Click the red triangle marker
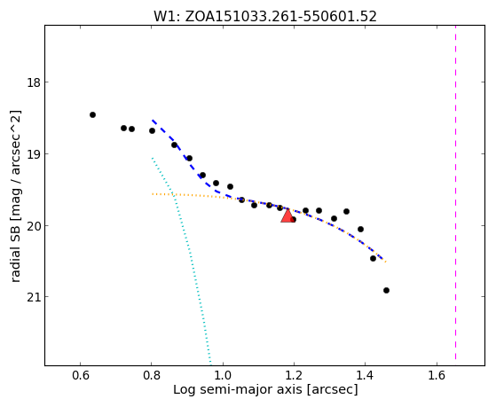pyautogui.click(x=287, y=216)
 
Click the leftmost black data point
pyautogui.click(x=92, y=114)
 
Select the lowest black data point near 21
pyautogui.click(x=386, y=290)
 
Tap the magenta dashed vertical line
pyautogui.click(x=455, y=192)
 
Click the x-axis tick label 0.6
pyautogui.click(x=81, y=375)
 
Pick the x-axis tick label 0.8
pyautogui.click(x=151, y=375)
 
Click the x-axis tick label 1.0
pyautogui.click(x=223, y=375)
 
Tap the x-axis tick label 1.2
pyautogui.click(x=294, y=375)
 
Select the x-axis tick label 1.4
pyautogui.click(x=365, y=375)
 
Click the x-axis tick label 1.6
pyautogui.click(x=437, y=375)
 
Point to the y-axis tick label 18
pyautogui.click(x=33, y=82)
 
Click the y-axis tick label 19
pyautogui.click(x=33, y=154)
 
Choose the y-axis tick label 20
pyautogui.click(x=33, y=225)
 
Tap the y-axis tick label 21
pyautogui.click(x=33, y=297)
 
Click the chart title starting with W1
pyautogui.click(x=265, y=16)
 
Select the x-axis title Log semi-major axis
pyautogui.click(x=265, y=390)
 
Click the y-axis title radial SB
pyautogui.click(x=15, y=196)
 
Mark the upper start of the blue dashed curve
pyautogui.click(x=152, y=121)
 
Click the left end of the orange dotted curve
pyautogui.click(x=152, y=194)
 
